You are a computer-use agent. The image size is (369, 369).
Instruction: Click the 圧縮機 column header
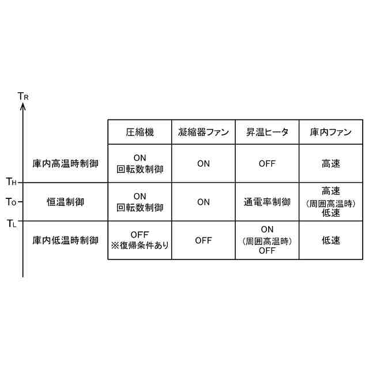point(140,132)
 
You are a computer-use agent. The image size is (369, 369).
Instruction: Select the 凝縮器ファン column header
point(203,132)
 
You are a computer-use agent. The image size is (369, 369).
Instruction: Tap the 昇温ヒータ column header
point(267,132)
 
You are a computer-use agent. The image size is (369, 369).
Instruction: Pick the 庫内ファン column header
point(330,132)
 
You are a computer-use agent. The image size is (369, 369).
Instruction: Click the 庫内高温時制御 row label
point(65,164)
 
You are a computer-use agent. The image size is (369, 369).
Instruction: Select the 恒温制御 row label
point(65,202)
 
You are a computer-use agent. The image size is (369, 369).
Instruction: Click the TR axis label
point(23,96)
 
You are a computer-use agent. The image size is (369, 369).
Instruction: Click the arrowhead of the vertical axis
point(22,108)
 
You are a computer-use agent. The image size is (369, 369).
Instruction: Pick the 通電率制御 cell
point(267,202)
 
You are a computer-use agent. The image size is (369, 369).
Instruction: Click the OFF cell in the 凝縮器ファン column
point(203,240)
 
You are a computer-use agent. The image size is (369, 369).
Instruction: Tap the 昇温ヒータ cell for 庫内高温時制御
point(267,164)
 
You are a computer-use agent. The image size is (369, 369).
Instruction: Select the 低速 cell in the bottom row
point(330,240)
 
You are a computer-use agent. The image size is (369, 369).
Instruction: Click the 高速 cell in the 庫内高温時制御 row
point(330,164)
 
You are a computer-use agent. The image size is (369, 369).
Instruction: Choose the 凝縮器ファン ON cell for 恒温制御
point(203,202)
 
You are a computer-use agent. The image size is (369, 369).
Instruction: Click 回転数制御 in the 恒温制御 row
point(140,208)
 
